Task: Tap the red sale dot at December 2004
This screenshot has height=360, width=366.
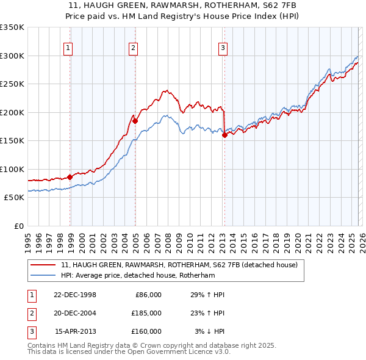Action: tap(135, 121)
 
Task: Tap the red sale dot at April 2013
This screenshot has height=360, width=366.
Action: tap(224, 135)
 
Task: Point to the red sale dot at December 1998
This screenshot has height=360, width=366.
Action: tap(70, 177)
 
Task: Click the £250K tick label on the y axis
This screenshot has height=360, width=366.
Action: tap(12, 84)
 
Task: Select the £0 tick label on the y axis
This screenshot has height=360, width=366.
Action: tap(19, 226)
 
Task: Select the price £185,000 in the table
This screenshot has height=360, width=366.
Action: tap(146, 313)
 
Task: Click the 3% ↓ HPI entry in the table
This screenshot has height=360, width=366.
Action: tap(209, 331)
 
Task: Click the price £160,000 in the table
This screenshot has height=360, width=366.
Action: tap(146, 331)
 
